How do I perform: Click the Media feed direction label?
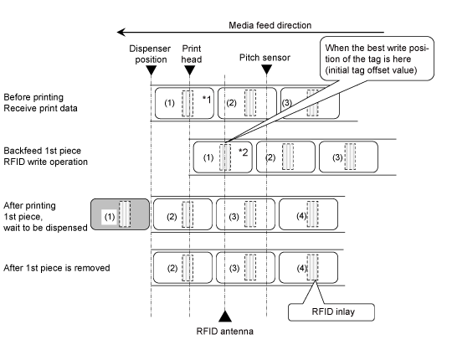[270, 25]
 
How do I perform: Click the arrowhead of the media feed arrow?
[121, 32]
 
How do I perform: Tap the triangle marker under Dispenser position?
[151, 70]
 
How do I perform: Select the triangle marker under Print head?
[189, 70]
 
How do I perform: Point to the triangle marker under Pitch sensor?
[267, 69]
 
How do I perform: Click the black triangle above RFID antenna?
[225, 316]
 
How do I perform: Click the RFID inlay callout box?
[331, 312]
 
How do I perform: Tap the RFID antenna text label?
[225, 332]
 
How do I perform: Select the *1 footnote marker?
[207, 100]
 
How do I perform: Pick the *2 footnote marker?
[244, 152]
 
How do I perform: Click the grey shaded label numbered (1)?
[121, 214]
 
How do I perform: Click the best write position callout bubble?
[377, 59]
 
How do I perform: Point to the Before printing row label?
[40, 103]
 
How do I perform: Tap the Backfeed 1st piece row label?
[45, 157]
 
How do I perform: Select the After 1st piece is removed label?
[57, 268]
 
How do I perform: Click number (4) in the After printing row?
[301, 216]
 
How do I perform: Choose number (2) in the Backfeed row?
[270, 157]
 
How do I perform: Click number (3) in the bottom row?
[234, 269]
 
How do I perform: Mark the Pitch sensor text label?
[265, 58]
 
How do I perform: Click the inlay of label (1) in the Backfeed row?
[225, 157]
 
